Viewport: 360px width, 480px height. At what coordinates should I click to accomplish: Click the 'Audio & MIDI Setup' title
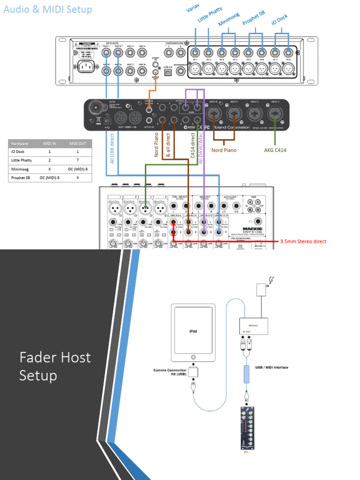point(48,9)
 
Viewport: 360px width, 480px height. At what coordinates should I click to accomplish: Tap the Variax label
point(193,10)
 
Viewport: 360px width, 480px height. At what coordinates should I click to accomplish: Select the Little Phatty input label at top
point(209,15)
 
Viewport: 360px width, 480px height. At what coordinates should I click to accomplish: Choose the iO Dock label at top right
point(280,19)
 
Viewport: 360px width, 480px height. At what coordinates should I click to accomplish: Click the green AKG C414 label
point(275,150)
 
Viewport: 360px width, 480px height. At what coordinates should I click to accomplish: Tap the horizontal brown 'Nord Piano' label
point(224,150)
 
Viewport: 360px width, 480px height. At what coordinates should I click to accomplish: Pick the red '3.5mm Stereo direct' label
point(303,241)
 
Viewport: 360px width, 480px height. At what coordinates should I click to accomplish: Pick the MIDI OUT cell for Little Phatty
point(77,160)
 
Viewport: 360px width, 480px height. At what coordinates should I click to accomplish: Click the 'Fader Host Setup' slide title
point(55,366)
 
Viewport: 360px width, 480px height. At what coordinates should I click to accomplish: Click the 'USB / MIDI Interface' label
point(272,367)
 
